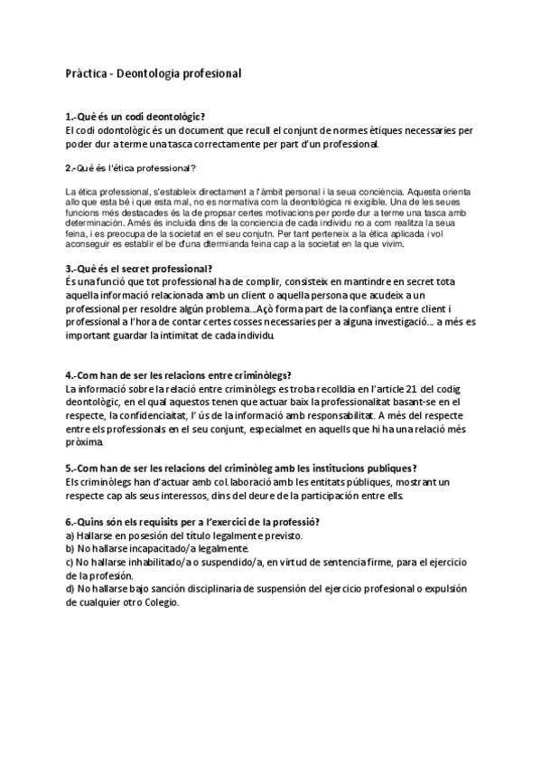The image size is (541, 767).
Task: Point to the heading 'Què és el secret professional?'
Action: (x=139, y=268)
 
